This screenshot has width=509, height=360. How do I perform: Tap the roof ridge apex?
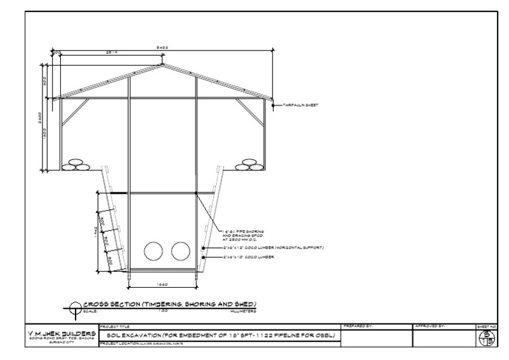[x=163, y=65]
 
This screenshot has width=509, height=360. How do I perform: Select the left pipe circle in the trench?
[x=154, y=251]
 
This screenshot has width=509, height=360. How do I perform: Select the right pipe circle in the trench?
[x=180, y=251]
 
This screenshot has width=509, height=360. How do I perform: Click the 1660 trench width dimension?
[x=163, y=284]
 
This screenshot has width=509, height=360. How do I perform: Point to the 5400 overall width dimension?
[x=163, y=48]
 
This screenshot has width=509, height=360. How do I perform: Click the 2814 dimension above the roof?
[x=112, y=52]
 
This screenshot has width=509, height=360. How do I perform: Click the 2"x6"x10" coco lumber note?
[x=249, y=256]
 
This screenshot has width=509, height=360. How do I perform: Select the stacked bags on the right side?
[x=248, y=164]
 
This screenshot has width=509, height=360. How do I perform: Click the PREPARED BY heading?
[x=359, y=326]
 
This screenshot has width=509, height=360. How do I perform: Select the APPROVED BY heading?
[x=429, y=326]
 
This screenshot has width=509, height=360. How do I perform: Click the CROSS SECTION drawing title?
[x=169, y=304]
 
